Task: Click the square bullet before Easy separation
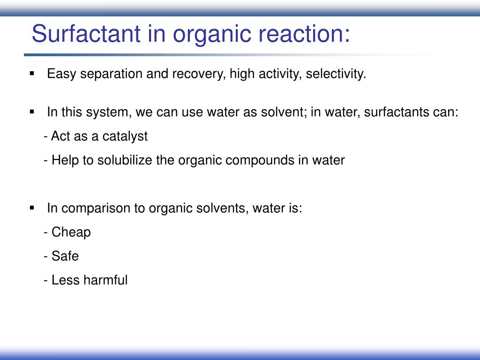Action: tap(32, 74)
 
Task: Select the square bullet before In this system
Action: tap(32, 112)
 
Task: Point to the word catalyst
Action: tap(125, 136)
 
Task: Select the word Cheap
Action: tap(71, 232)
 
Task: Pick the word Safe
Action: tap(65, 256)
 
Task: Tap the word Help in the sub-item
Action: tap(62, 160)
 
